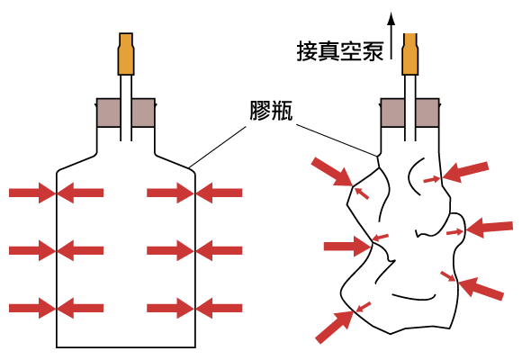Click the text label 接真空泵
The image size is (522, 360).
[340, 51]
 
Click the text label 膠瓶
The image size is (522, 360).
[271, 110]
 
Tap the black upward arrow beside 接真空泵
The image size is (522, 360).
[391, 36]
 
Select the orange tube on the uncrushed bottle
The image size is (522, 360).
[126, 54]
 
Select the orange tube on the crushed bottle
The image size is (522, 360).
[409, 54]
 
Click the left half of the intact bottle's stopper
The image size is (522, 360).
[109, 112]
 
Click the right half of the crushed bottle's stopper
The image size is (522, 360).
[427, 112]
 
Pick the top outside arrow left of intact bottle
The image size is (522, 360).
[32, 193]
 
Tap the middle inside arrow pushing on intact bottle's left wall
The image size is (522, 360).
[80, 250]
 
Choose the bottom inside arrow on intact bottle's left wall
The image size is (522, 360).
[80, 309]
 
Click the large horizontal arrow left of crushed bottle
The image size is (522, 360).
[347, 246]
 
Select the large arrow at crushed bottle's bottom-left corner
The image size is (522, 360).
[335, 327]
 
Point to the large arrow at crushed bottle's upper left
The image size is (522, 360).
[332, 172]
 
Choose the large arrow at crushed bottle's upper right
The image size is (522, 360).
[465, 172]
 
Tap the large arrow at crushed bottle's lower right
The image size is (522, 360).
[481, 289]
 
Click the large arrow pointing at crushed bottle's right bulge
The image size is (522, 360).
[490, 228]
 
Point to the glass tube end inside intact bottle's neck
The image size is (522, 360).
[126, 140]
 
